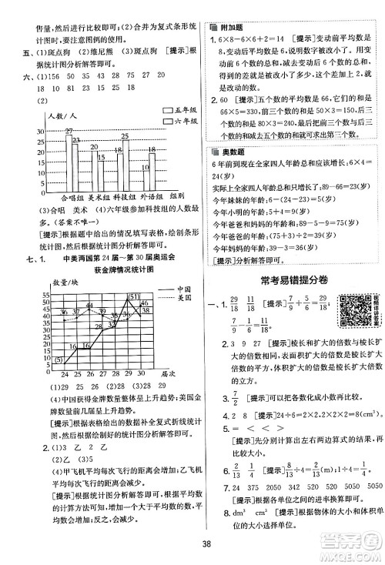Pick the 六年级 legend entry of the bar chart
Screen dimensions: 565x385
pyautogui.click(x=175, y=121)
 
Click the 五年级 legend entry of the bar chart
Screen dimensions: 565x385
pyautogui.click(x=175, y=111)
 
